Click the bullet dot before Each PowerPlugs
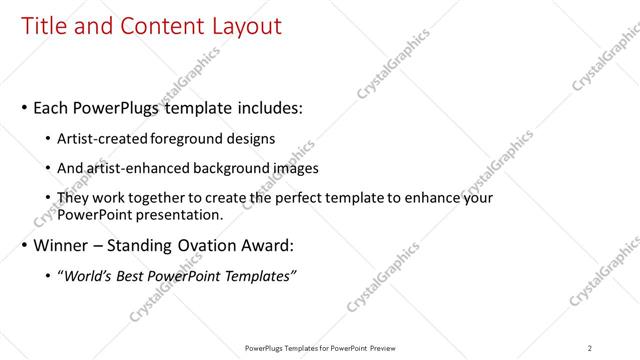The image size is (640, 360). tap(24, 107)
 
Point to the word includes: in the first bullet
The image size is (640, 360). tap(266, 107)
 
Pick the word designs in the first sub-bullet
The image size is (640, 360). tap(251, 138)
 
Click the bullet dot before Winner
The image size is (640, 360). tap(24, 245)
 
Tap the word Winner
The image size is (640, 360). tap(61, 245)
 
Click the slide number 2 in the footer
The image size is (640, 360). tap(590, 347)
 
